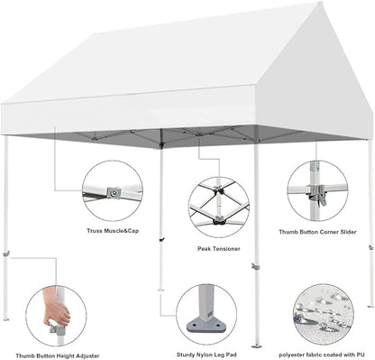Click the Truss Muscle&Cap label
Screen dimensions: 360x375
click(113, 229)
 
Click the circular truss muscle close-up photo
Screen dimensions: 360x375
click(113, 190)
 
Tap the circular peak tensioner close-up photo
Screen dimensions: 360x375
click(219, 207)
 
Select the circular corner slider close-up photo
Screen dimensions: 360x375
click(317, 191)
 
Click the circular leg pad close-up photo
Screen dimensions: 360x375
click(206, 312)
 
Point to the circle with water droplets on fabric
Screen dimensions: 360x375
click(323, 313)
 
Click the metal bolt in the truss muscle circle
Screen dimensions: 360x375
click(113, 191)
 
